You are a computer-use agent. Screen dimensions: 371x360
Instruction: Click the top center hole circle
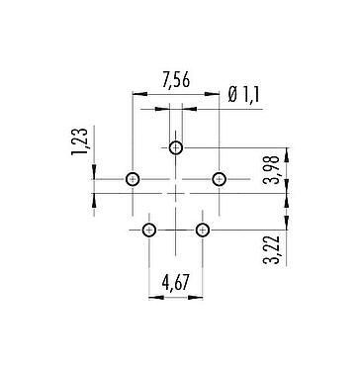[176, 148]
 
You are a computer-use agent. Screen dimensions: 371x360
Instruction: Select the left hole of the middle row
[134, 180]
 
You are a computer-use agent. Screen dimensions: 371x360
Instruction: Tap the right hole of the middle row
[219, 180]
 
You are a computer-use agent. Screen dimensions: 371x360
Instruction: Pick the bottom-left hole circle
[149, 231]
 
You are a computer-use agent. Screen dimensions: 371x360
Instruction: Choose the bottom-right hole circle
[203, 231]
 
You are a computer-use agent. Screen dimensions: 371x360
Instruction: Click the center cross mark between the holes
[176, 194]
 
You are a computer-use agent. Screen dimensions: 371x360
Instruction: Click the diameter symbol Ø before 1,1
[231, 95]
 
